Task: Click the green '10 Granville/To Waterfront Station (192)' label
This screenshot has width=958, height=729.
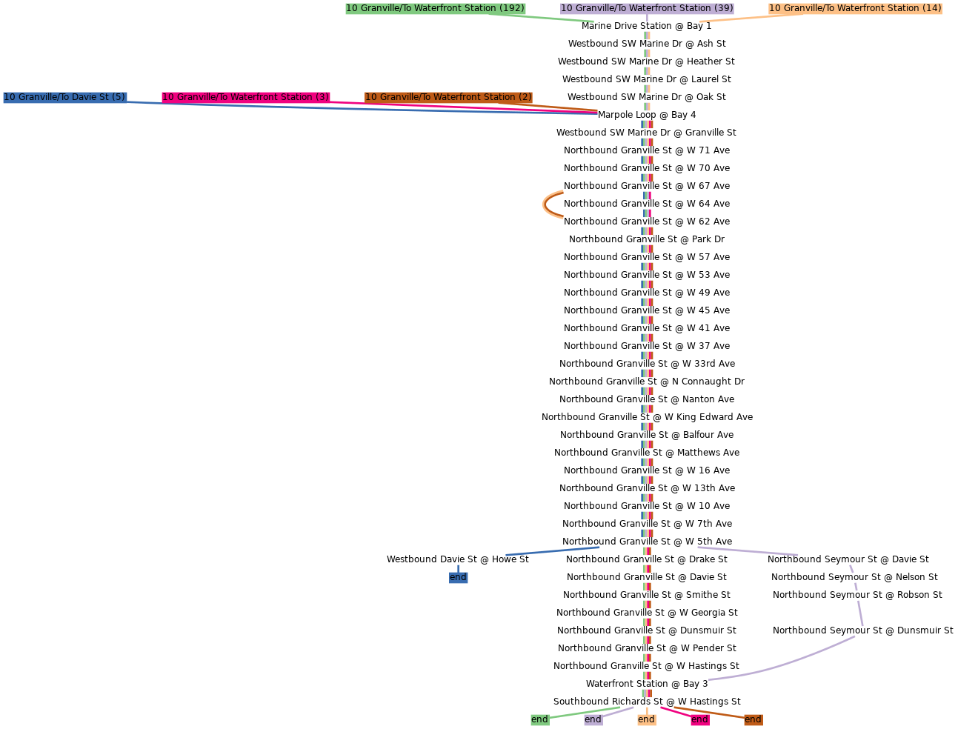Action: tap(435, 8)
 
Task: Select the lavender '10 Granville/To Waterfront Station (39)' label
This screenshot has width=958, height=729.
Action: tap(647, 8)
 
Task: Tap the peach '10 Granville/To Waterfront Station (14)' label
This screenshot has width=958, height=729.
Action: tap(855, 8)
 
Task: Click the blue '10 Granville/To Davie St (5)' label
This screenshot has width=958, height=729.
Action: tap(64, 97)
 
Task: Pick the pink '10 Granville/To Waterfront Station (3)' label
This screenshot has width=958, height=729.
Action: tap(245, 97)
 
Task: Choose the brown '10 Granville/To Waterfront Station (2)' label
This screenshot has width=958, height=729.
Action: tap(448, 97)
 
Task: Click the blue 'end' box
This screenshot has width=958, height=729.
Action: tap(458, 577)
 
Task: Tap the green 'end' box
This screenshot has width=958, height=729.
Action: tap(539, 719)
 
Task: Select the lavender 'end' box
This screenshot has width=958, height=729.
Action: tap(593, 719)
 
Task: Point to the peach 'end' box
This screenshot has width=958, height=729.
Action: tap(646, 719)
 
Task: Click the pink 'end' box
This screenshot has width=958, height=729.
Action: tap(699, 719)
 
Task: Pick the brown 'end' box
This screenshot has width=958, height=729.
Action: tap(753, 719)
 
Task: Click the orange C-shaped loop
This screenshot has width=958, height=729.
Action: tap(547, 204)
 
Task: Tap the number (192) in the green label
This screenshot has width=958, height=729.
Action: tap(511, 8)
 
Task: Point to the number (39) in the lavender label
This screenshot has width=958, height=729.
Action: tap(723, 8)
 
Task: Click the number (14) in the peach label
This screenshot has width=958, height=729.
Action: tap(931, 8)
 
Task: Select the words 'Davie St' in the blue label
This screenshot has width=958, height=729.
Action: tap(90, 97)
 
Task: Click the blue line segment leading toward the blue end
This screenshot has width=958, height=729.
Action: tap(553, 551)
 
